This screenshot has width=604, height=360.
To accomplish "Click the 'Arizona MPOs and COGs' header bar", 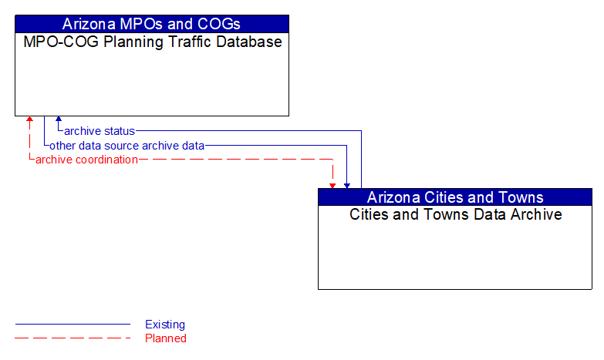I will (151, 23).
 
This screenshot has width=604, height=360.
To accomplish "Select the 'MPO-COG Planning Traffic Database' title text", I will (152, 42).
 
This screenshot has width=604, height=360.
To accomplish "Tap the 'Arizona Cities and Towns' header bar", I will (455, 197).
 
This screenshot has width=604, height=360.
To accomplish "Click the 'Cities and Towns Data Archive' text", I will (455, 214).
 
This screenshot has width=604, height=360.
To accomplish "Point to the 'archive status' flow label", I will (100, 131).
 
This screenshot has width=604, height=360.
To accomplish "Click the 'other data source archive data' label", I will (127, 145).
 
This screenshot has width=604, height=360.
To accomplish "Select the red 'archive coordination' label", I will (86, 160).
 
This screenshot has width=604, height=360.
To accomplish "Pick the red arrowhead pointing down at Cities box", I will (332, 185).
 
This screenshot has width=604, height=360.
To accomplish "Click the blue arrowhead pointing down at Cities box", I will (347, 185).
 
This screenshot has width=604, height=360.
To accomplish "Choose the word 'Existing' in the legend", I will (165, 325).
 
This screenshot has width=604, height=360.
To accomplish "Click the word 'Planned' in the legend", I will (166, 338).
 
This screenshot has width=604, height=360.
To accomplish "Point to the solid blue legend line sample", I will (73, 325).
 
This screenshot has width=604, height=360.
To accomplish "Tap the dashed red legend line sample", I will (73, 338).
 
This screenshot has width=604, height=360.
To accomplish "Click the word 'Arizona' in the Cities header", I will (394, 197).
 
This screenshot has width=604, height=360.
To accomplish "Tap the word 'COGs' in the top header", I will (220, 23).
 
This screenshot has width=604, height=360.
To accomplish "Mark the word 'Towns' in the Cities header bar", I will (522, 197).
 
